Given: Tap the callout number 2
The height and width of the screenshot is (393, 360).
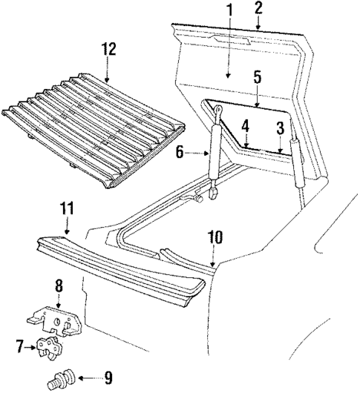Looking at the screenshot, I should (x=259, y=9).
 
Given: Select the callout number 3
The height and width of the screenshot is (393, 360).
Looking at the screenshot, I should (x=279, y=127).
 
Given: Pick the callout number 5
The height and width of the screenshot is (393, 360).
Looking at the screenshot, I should (x=257, y=76).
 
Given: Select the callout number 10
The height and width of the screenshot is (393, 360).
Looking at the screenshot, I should (x=215, y=239).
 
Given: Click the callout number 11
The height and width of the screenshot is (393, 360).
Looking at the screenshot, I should (x=68, y=211).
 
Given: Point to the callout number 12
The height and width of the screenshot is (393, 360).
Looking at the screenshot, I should (x=109, y=50).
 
